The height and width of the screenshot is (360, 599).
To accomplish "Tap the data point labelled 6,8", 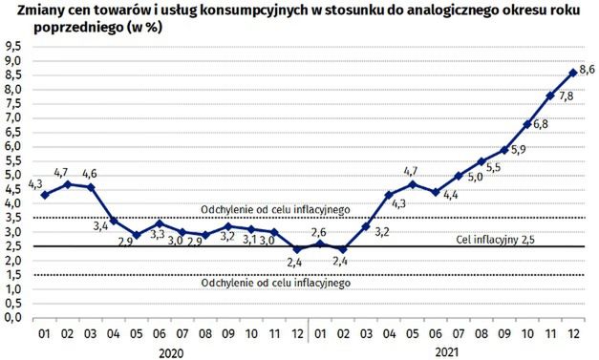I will pos(527,124).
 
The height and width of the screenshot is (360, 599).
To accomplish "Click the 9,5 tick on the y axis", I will pos(14,46).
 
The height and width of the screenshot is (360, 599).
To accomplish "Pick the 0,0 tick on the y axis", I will pos(14,317).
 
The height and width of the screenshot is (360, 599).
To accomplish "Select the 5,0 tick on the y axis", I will pos(14,175).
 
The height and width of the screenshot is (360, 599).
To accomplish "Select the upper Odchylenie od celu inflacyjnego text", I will pos(276,209).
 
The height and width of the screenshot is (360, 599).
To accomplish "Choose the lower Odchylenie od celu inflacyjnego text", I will pos(276,284).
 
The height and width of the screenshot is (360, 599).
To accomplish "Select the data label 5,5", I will pos(493,168).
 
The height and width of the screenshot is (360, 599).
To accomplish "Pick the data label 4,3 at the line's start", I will pos(37,182).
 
